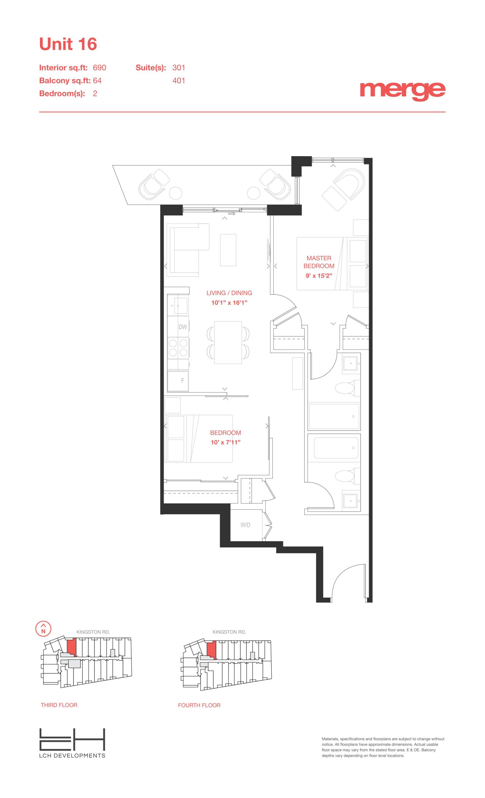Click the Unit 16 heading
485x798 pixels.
coord(68,44)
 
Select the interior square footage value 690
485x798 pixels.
coord(100,68)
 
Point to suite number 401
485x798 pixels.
coord(179,81)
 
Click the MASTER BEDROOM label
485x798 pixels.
coord(319,262)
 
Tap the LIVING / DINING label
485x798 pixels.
coord(229,293)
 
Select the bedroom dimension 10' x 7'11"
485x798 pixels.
coord(225,442)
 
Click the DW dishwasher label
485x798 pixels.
coord(183,327)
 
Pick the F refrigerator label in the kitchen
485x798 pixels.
coord(183,381)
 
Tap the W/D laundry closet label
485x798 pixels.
coord(245,525)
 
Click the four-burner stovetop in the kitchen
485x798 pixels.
coord(178,348)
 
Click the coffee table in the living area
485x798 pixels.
coord(228,250)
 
